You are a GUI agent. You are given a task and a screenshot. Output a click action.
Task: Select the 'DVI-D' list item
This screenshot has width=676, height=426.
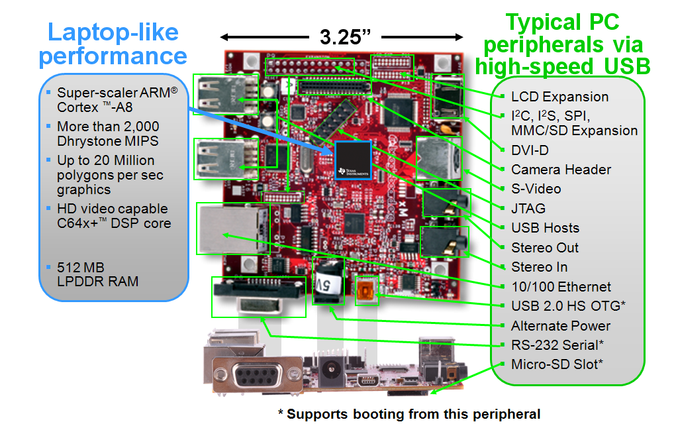tap(530, 150)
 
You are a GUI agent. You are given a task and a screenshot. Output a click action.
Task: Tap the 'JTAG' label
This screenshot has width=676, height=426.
tap(528, 209)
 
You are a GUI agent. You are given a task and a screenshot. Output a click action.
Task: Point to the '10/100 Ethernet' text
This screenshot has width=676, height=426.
tap(561, 287)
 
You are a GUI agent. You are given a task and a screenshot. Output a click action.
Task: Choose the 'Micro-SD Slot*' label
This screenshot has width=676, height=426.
tap(557, 364)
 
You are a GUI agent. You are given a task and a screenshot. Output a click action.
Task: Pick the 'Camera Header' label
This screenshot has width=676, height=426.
tap(561, 170)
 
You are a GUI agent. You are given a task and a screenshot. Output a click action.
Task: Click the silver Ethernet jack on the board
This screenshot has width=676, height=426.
tap(232, 228)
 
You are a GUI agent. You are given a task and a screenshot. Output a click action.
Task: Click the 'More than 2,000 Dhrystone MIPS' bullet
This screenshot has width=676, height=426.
tap(108, 133)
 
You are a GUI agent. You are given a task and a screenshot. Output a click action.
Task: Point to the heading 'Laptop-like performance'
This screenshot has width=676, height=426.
tap(113, 44)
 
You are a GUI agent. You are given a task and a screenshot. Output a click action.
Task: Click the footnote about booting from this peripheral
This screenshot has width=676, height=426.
tap(409, 414)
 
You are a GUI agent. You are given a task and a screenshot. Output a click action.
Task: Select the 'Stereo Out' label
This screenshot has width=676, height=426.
tap(545, 248)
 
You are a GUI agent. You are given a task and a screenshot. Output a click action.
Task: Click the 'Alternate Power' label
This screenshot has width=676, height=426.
tap(560, 326)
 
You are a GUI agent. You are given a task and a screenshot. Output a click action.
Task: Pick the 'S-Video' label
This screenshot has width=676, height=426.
tap(536, 189)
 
